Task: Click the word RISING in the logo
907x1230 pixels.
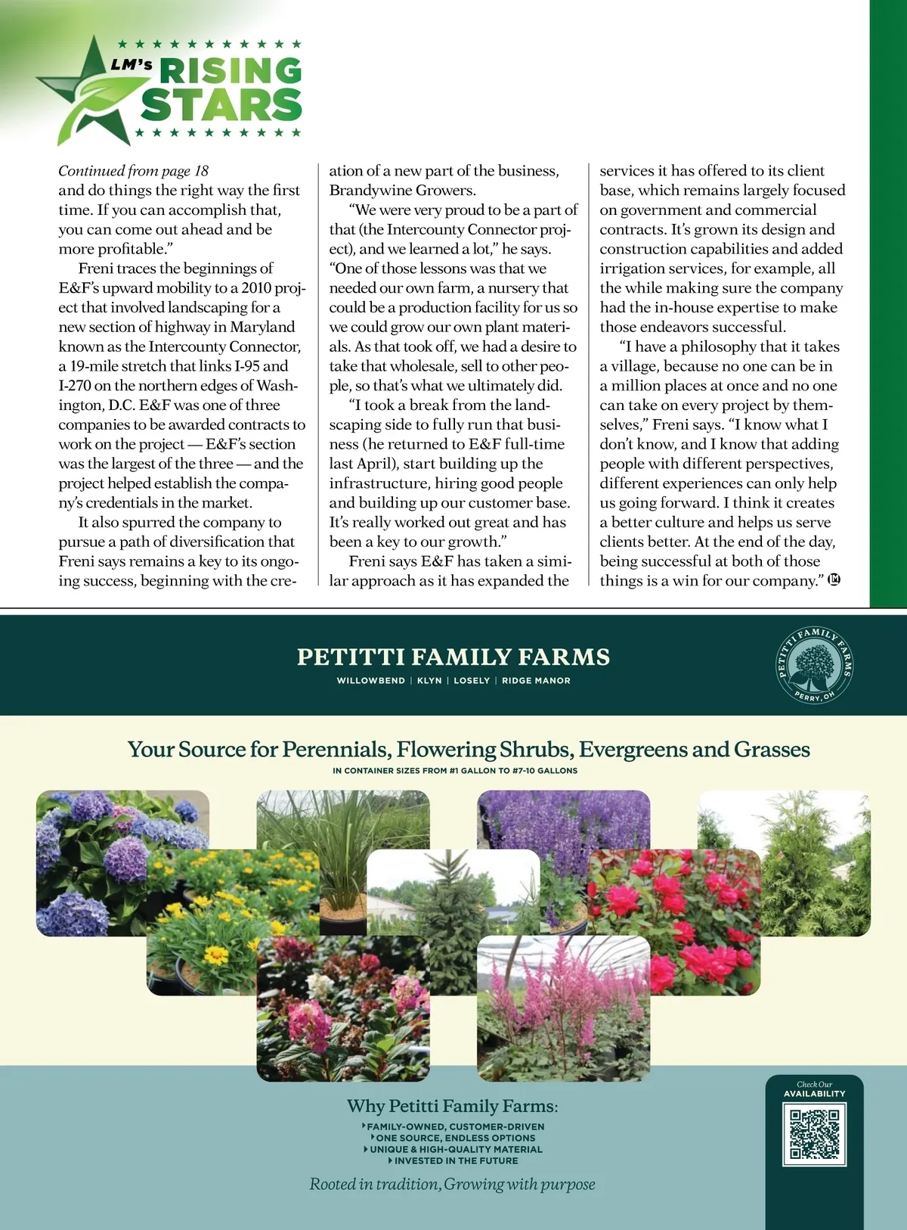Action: point(230,72)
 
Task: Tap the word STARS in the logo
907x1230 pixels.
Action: point(221,105)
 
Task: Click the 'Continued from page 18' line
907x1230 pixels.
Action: point(133,171)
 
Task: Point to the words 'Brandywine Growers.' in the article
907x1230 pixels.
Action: point(402,191)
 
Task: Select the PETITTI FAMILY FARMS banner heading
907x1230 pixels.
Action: point(453,657)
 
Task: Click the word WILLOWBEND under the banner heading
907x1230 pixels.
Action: point(370,681)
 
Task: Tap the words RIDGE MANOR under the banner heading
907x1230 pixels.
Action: point(536,681)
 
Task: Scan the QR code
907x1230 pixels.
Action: point(814,1134)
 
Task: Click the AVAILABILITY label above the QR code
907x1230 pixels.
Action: point(814,1094)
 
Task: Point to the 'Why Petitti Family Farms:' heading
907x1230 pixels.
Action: point(452,1106)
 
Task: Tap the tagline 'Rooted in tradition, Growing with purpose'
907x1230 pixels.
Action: point(452,1185)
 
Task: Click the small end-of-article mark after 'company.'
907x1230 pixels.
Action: point(834,580)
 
